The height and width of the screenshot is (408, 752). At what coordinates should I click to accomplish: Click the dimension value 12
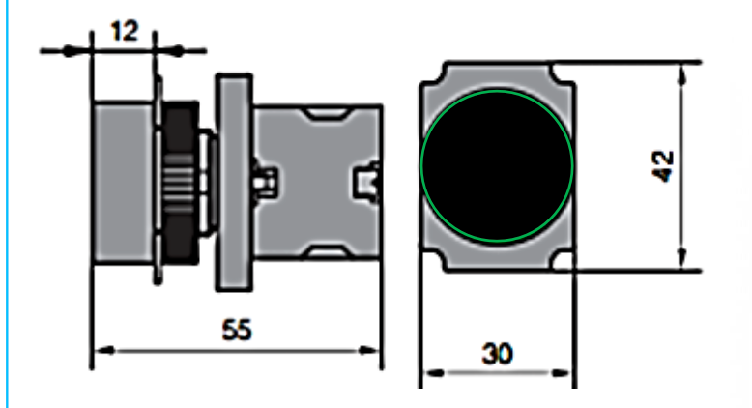click(125, 31)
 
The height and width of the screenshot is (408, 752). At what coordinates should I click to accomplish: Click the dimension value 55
click(237, 330)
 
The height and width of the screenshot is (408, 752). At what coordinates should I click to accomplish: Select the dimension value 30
click(498, 354)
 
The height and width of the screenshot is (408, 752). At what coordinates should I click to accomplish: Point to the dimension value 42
click(664, 166)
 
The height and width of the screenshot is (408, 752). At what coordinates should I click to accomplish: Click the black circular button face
click(498, 165)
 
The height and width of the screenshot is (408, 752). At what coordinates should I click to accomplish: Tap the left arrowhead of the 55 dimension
click(105, 350)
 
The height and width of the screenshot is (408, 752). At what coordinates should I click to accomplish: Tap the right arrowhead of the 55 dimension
click(369, 350)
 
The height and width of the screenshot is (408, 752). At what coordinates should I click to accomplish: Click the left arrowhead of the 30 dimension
click(434, 372)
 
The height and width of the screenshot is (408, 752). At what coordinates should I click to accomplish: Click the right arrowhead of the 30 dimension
click(561, 372)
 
